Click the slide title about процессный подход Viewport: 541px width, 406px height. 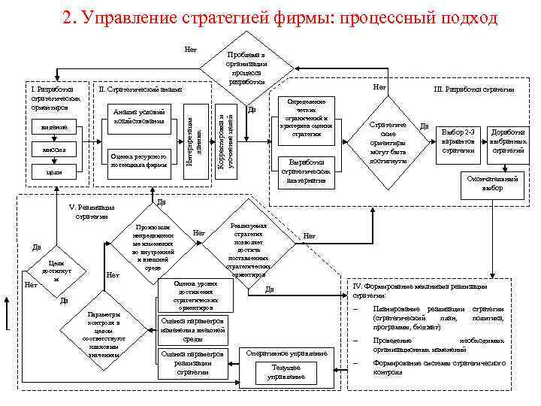click(280, 17)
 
